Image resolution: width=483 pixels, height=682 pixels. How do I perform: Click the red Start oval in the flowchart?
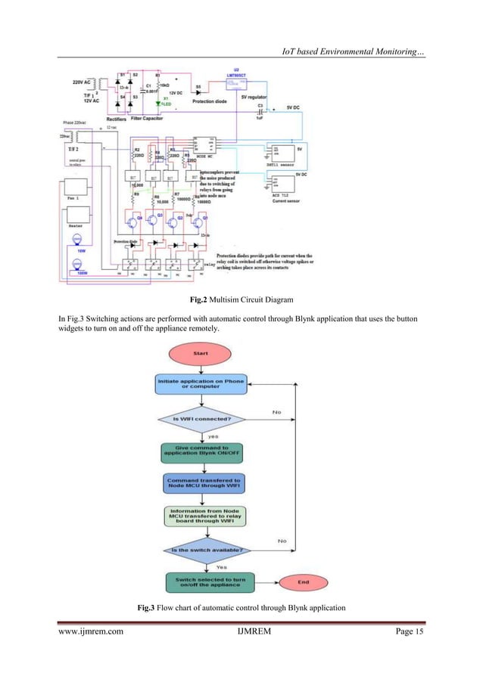click(201, 353)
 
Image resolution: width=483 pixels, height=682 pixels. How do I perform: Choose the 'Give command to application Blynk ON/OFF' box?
click(201, 452)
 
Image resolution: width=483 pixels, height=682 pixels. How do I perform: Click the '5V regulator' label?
click(256, 97)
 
